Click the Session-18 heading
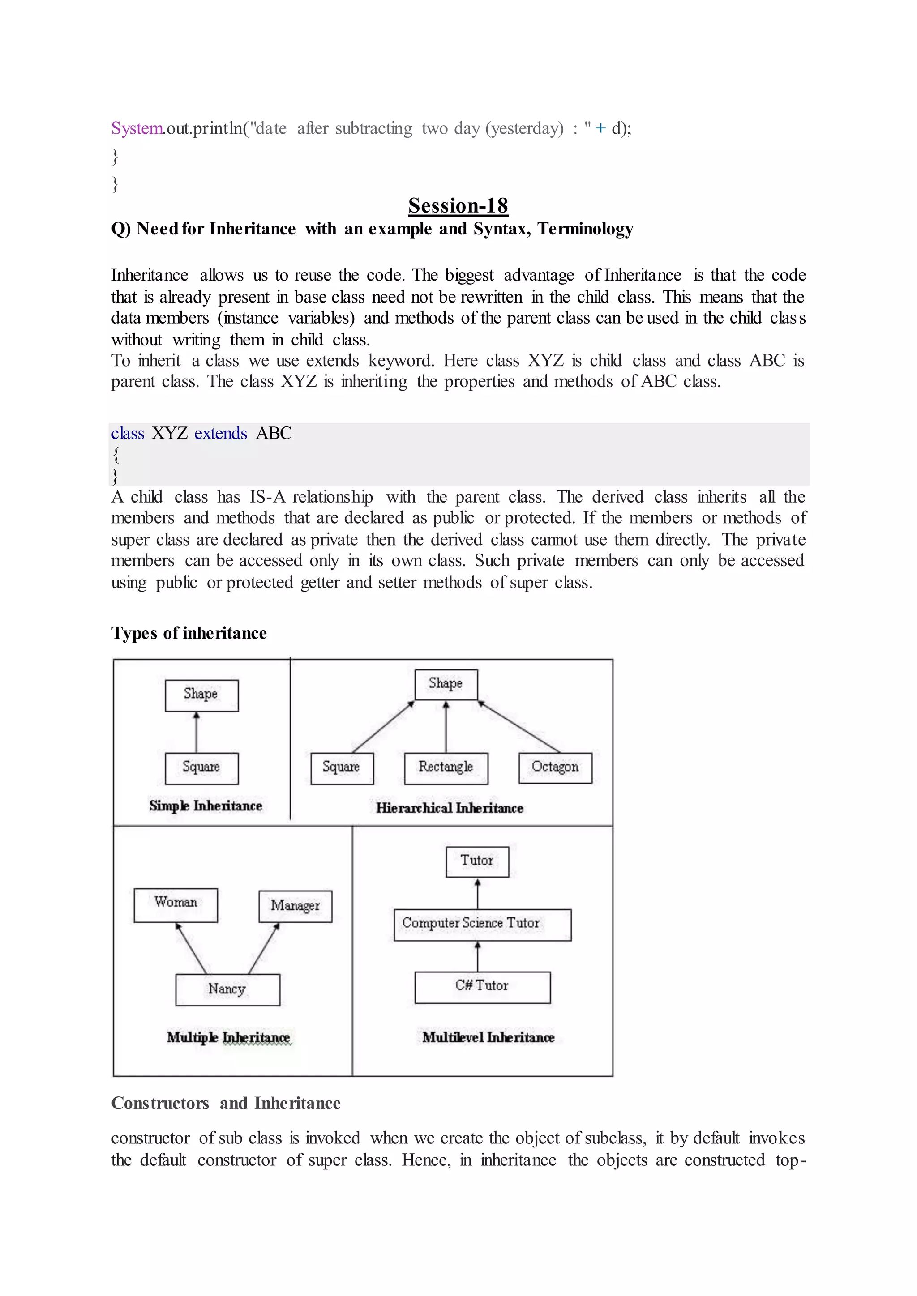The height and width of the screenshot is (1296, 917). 458,206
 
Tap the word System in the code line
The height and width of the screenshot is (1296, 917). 137,129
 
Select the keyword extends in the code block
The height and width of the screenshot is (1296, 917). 220,434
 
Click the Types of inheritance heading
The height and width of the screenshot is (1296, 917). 189,633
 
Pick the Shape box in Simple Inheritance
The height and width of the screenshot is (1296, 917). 201,695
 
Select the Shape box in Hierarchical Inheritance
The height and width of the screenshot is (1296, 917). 446,684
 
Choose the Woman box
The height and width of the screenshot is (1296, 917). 176,905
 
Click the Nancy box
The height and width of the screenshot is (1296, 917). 227,989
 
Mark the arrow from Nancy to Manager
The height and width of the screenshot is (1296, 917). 264,949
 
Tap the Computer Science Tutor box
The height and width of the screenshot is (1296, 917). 482,925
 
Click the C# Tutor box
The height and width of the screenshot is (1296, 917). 482,987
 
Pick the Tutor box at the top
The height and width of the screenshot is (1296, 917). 477,861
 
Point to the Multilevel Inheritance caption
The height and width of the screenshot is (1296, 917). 488,1037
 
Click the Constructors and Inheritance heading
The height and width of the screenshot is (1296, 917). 226,1103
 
